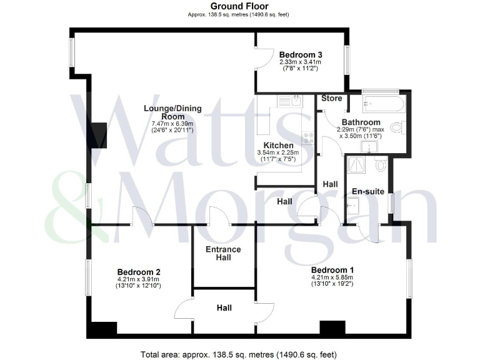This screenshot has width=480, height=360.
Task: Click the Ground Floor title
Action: point(240,6)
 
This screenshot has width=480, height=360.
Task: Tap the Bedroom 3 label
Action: point(301,54)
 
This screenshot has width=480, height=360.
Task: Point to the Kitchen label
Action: point(279,145)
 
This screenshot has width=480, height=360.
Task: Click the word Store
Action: point(332,98)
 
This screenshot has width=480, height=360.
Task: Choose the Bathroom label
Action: point(361,122)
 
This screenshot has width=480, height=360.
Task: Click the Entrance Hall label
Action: point(224,253)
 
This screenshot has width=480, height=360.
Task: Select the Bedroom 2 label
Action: point(139,272)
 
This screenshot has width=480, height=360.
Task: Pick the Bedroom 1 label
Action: point(332,269)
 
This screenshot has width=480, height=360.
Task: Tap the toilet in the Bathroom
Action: point(396,128)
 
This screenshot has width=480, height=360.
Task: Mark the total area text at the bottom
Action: point(240,354)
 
